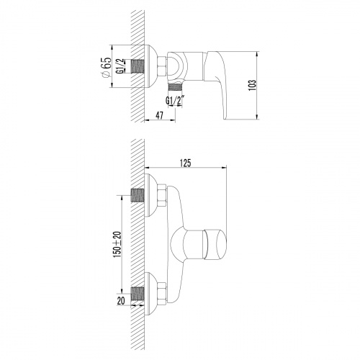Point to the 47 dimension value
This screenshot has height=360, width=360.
tap(159, 115)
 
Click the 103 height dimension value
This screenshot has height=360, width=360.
tap(251, 84)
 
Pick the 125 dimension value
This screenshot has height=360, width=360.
tap(185, 163)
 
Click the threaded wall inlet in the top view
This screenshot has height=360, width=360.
tap(138, 66)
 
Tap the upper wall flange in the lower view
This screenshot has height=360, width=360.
tap(151, 193)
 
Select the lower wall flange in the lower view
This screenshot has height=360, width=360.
tap(151, 294)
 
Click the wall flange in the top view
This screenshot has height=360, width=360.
tap(151, 66)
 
